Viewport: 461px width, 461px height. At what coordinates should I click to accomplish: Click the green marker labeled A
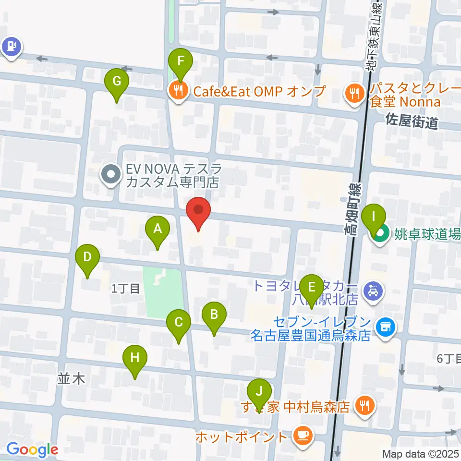point(158,230)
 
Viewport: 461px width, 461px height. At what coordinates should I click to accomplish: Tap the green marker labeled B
point(214,315)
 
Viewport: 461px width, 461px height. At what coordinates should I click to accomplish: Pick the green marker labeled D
point(87,257)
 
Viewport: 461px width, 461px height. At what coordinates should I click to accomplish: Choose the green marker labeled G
point(117,82)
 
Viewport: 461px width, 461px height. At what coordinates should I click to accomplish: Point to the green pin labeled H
point(135,358)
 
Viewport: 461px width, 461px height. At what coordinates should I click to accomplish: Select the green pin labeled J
point(260,392)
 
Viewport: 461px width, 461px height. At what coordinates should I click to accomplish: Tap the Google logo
point(32,449)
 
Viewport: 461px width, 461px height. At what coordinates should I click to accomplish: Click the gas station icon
point(11,47)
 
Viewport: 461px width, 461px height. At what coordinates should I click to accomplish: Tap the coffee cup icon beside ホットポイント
point(303,436)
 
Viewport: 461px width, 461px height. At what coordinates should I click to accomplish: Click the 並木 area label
point(71,378)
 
